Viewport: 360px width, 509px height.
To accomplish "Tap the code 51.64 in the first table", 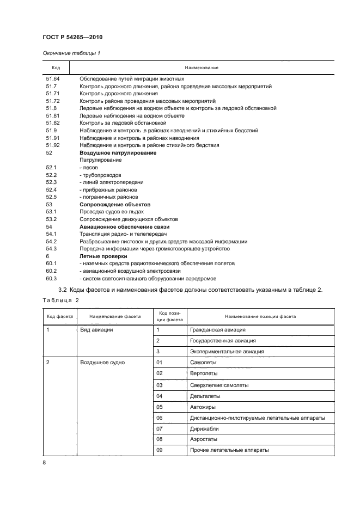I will pos(52,79).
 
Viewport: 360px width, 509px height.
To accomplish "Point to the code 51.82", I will pos(52,123).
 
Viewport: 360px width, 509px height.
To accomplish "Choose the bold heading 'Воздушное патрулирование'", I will pos(118,153).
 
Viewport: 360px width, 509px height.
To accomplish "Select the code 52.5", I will pos(51,197).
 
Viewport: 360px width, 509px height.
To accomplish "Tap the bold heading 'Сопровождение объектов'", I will pos(115,204).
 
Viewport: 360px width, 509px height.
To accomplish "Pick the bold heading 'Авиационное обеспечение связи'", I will pos(125,226).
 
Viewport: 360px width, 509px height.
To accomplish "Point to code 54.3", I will pos(51,248).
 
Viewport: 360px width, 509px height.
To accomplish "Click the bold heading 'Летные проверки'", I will pos(103,256).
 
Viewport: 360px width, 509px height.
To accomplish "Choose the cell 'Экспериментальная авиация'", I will pos(227,352).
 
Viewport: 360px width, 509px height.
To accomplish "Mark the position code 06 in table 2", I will pos(160,418).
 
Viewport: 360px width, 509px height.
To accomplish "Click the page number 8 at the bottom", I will pos(44,462).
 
